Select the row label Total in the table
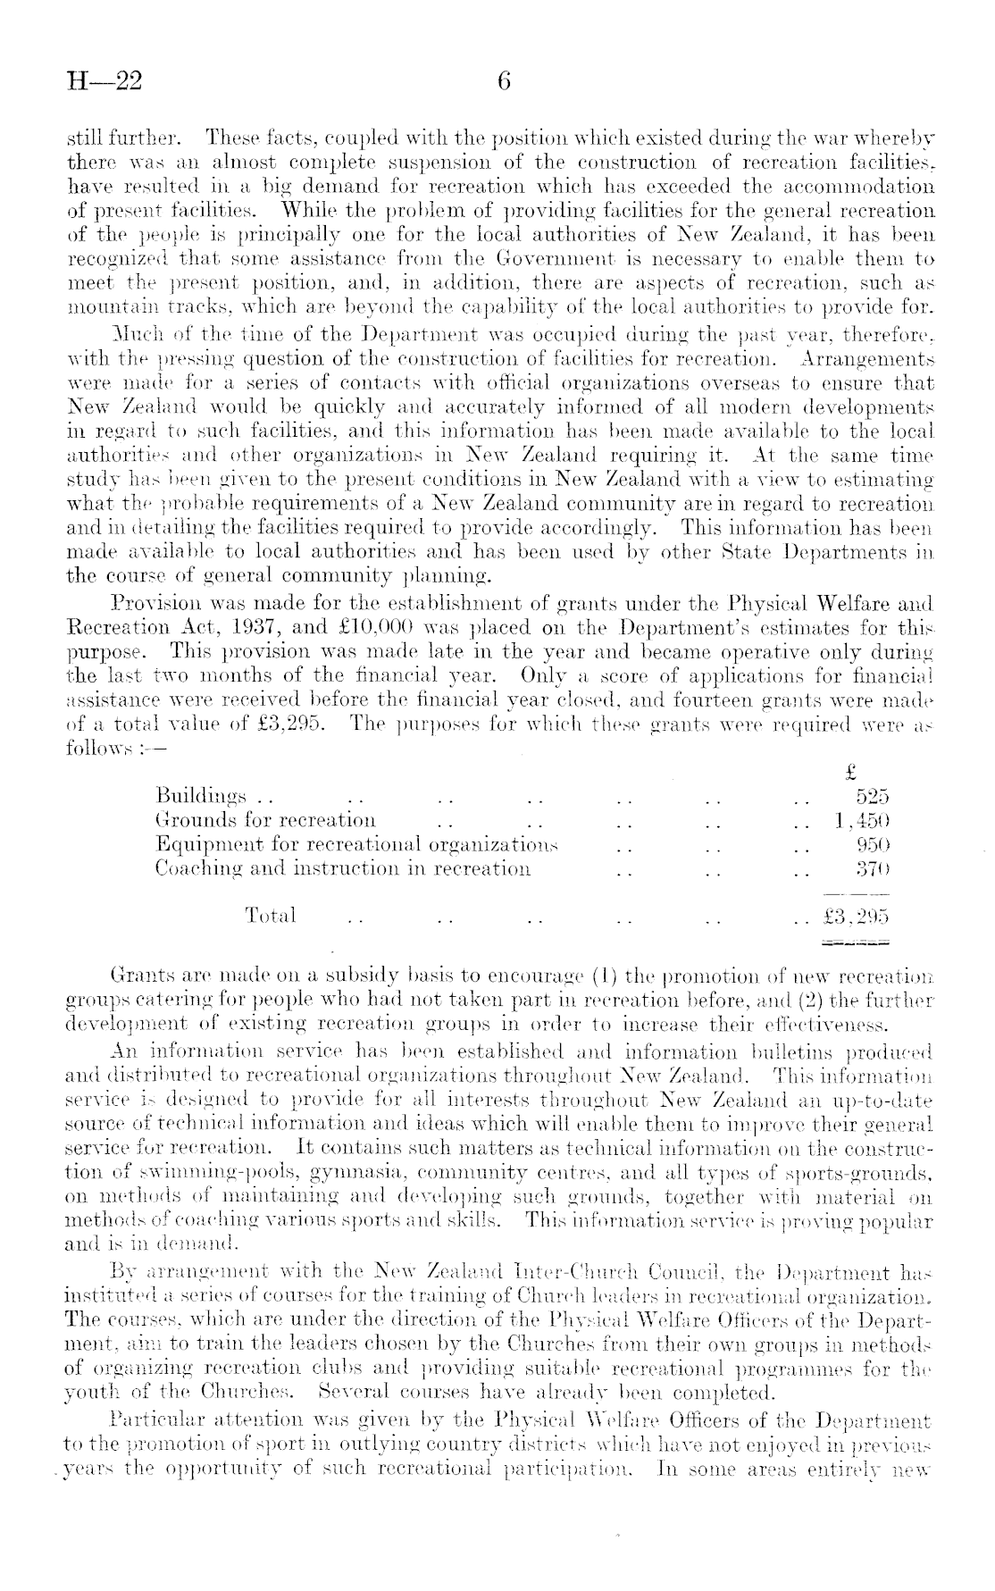[271, 916]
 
